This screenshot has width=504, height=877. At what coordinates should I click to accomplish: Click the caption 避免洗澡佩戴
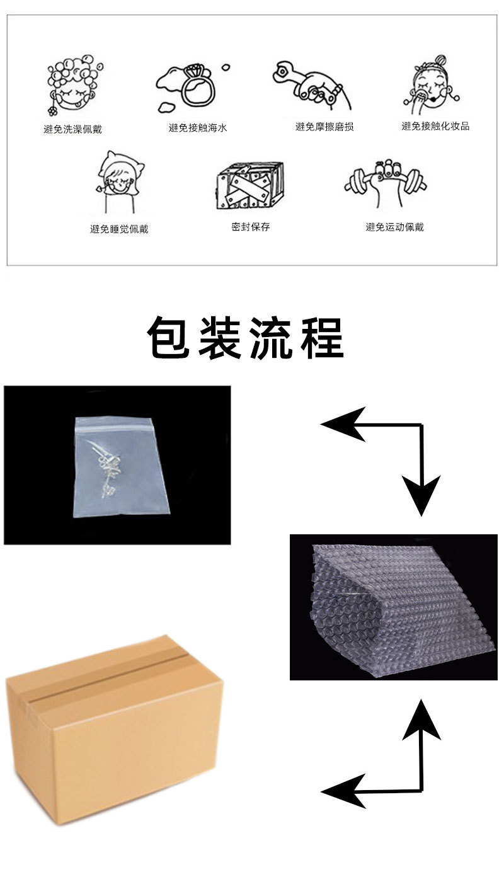tap(73, 129)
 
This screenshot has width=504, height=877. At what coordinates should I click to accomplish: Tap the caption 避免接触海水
tap(198, 128)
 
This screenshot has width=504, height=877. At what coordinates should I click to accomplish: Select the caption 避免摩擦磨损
tap(324, 127)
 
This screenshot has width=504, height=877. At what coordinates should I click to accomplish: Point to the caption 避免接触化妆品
tap(435, 125)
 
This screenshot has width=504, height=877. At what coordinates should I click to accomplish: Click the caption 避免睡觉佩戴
tap(119, 229)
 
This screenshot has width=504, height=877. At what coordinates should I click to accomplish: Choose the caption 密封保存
tap(251, 227)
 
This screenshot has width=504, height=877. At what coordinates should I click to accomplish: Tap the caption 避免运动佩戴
tap(395, 227)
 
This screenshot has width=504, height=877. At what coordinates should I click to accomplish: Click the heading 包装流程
tap(246, 338)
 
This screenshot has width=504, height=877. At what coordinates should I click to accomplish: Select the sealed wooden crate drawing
tap(250, 185)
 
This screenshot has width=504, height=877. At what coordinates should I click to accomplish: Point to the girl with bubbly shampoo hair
tap(74, 85)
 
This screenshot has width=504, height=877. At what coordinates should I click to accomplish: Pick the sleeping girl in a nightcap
tap(120, 181)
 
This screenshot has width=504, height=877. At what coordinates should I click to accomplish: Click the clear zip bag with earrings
tap(122, 467)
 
